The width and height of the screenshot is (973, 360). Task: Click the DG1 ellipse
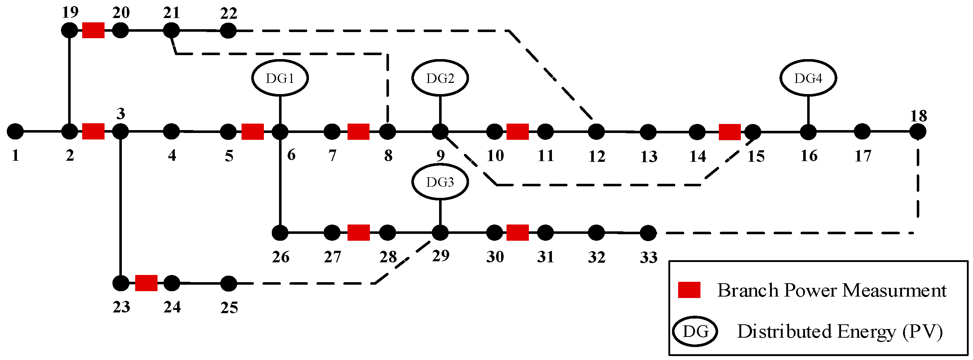[x=280, y=78]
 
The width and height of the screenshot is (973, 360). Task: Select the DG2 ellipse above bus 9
[x=440, y=78]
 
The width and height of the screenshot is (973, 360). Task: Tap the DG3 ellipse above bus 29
[x=440, y=182]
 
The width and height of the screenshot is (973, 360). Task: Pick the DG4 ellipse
[x=808, y=78]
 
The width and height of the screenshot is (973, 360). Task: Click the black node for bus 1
[x=16, y=132]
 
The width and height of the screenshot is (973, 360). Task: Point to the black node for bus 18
[x=917, y=132]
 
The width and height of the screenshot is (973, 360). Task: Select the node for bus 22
[x=228, y=31]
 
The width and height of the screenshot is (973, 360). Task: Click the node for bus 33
[x=648, y=233]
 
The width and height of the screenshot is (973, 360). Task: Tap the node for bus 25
[x=229, y=284]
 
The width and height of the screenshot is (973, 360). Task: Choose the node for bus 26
[x=280, y=233]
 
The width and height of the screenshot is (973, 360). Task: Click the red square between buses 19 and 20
[x=93, y=30]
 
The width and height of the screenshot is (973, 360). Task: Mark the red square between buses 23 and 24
[x=146, y=283]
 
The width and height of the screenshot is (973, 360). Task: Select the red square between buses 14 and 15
[x=729, y=132]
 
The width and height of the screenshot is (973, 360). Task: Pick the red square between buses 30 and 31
[x=517, y=233]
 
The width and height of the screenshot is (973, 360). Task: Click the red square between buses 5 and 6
[x=252, y=132]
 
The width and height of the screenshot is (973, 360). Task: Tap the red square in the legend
[x=689, y=290]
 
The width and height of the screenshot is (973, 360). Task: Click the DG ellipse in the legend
[x=695, y=331]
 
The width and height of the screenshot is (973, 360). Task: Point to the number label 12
[x=597, y=156]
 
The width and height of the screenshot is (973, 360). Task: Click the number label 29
[x=441, y=256]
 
